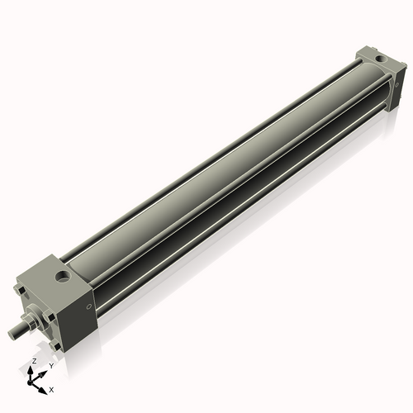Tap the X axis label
coord(51,388)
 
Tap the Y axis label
coord(51,364)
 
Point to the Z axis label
coord(33,361)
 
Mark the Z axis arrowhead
coord(31,369)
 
